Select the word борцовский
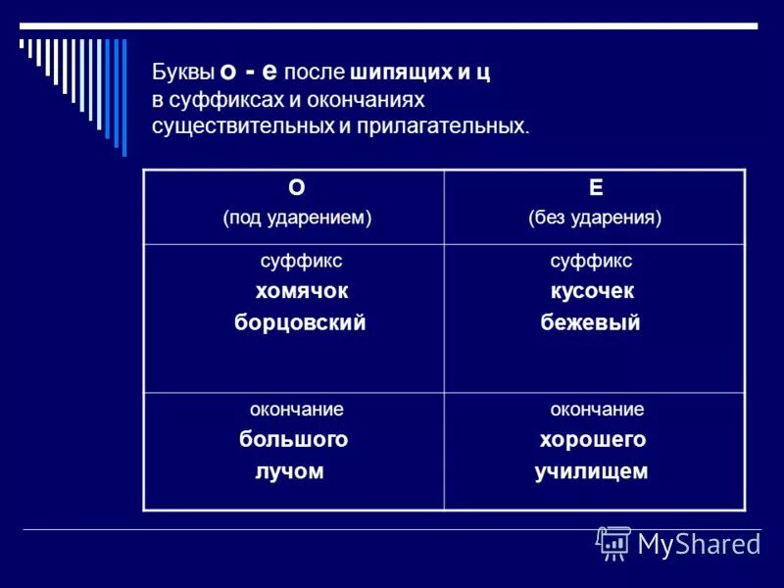pos(300,322)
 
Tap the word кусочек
pos(591,291)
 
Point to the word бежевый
pos(590,322)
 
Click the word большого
pos(294,440)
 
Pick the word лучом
pos(289,471)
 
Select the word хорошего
pos(592,440)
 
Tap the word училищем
pos(591,471)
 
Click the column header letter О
pos(297,187)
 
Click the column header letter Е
pos(596,187)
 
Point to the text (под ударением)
pos(297,218)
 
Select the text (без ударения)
pos(595,218)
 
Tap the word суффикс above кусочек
pos(591,261)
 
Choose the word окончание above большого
pos(295,410)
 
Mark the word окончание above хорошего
pos(597,410)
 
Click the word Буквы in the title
pos(183,73)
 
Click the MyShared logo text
pos(698,544)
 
